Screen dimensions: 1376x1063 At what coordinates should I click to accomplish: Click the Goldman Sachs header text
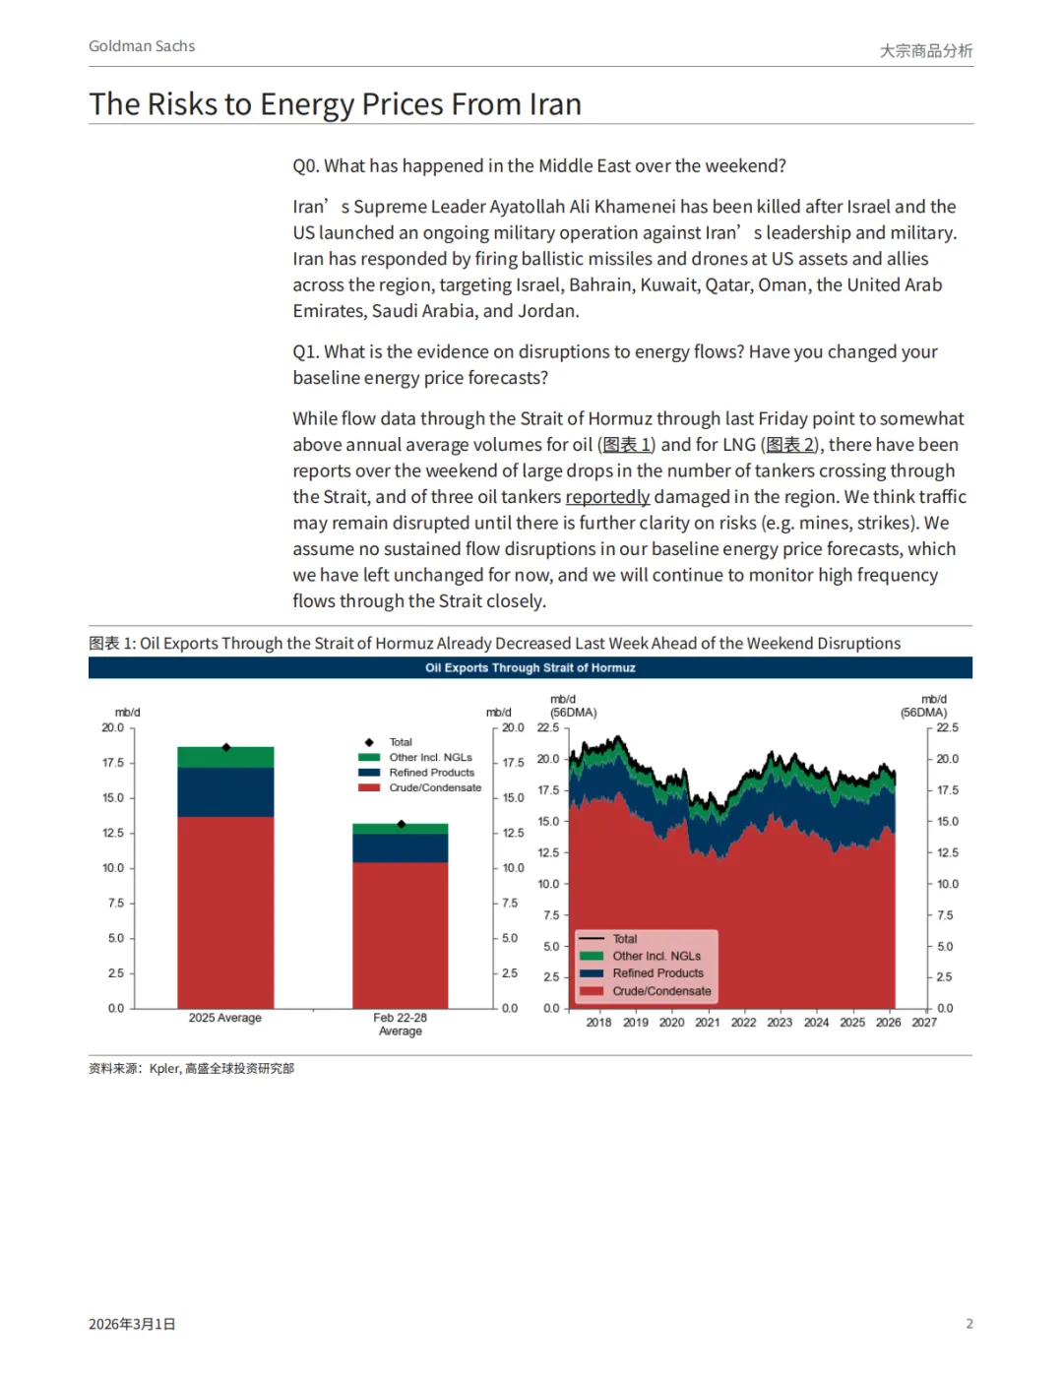142,46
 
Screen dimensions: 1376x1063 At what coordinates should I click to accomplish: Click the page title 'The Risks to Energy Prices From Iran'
335,104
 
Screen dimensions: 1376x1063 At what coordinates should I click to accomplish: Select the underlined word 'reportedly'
607,497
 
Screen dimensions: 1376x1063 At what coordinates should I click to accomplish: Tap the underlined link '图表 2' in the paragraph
791,445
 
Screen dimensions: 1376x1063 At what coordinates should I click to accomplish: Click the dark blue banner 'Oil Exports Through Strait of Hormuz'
530,667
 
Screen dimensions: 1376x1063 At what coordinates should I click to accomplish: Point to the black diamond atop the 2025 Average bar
225,747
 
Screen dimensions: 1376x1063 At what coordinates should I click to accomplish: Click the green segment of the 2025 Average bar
225,758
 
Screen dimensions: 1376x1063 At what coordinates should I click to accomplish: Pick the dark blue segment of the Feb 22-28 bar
400,847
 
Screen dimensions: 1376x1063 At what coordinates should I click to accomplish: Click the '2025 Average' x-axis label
225,1018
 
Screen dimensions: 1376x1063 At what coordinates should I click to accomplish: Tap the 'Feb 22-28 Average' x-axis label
400,1025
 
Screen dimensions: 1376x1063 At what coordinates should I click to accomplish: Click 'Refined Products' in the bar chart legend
431,773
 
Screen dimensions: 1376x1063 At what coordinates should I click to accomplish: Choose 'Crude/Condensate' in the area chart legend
661,991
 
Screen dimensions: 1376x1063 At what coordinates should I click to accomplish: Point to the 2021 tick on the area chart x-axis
708,1023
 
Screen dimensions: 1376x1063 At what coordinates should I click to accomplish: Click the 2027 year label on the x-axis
924,1023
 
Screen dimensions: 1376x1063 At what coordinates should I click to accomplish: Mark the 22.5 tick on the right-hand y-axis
947,728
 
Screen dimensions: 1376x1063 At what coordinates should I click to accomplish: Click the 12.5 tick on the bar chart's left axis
113,833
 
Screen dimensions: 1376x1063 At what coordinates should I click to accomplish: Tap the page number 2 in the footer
969,1324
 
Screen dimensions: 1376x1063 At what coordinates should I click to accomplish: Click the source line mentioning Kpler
192,1069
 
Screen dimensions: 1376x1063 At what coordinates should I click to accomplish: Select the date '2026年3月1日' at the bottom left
132,1325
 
